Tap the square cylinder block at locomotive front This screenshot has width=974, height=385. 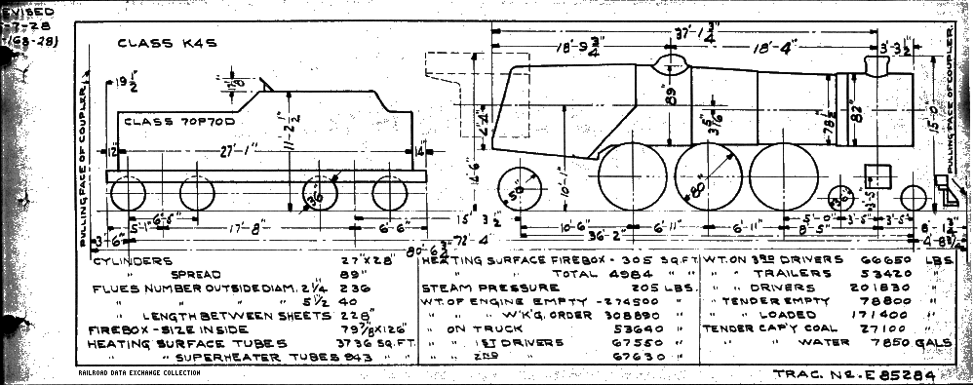pos(879,177)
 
